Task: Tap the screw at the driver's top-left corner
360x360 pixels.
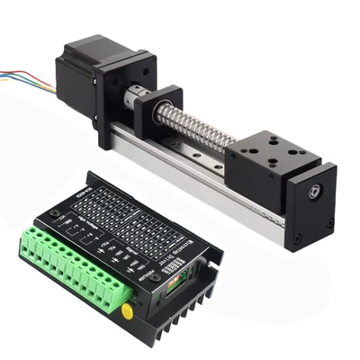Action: pyautogui.click(x=55, y=213)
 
